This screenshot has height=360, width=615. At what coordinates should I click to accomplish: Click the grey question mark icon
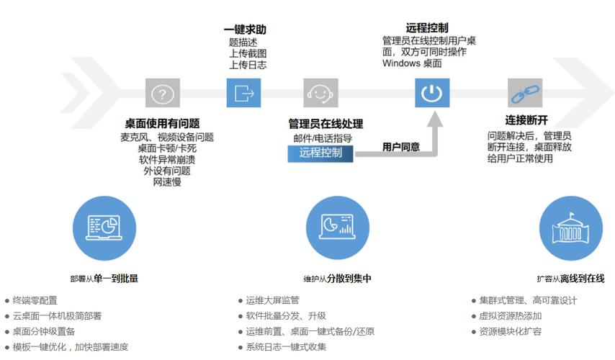(x=162, y=93)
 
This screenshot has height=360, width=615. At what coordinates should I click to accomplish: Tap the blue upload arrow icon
(x=243, y=93)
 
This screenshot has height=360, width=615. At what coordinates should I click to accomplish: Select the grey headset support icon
(x=321, y=93)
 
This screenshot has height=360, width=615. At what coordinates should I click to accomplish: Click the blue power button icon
(x=431, y=93)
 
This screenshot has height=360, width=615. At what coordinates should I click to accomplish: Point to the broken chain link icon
(x=521, y=94)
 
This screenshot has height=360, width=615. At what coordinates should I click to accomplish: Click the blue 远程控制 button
(x=320, y=153)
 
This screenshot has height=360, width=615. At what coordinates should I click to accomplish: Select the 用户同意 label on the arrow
(x=401, y=147)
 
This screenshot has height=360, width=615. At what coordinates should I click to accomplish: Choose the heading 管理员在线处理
(x=326, y=124)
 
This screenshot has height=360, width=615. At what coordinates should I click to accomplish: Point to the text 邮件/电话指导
(x=322, y=138)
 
